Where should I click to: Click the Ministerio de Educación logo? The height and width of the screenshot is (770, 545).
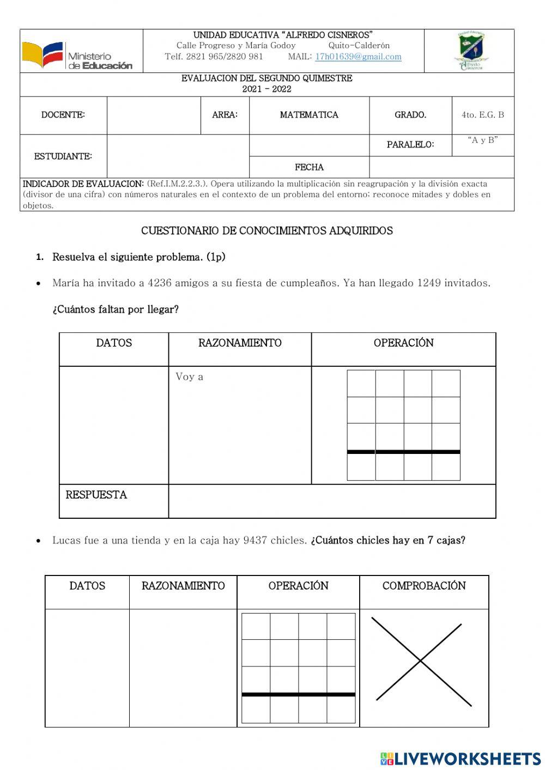click(x=77, y=56)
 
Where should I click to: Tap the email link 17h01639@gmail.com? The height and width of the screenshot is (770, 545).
click(x=358, y=57)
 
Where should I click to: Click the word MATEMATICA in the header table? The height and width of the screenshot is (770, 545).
click(x=309, y=115)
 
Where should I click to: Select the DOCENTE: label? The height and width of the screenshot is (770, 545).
click(x=63, y=115)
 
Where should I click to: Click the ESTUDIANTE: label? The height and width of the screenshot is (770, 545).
click(x=63, y=156)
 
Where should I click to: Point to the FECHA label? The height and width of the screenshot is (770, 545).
click(x=309, y=167)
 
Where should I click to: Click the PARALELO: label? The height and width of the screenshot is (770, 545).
click(x=410, y=145)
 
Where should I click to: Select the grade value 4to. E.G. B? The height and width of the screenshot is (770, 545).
click(x=483, y=115)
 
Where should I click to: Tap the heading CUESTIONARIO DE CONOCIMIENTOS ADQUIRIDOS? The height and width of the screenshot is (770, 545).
click(x=267, y=231)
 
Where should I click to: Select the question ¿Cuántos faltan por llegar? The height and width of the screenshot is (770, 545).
click(x=116, y=310)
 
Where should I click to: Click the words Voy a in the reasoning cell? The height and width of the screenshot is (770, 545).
click(x=189, y=377)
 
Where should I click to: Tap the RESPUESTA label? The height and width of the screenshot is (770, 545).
click(x=96, y=495)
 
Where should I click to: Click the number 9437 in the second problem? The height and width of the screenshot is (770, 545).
click(x=255, y=540)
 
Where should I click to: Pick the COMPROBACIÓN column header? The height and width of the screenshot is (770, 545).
click(x=424, y=586)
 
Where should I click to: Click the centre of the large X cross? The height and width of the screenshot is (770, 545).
click(x=420, y=661)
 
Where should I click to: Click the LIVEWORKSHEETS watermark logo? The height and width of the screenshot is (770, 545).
click(x=461, y=759)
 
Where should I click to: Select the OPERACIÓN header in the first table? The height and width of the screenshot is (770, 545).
click(x=403, y=343)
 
